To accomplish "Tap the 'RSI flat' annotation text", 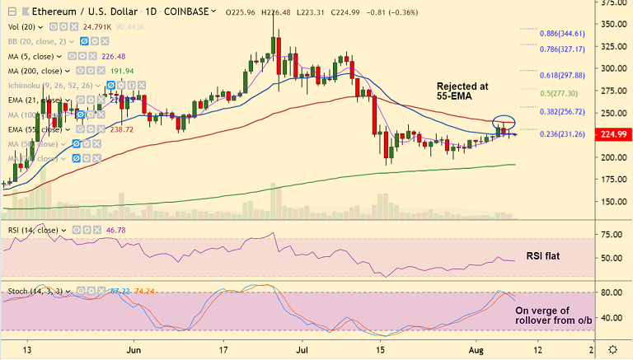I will pyautogui.click(x=542, y=257).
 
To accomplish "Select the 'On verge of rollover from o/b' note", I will pyautogui.click(x=554, y=317).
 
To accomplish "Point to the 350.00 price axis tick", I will pyautogui.click(x=612, y=24).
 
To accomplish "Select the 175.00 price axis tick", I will pyautogui.click(x=612, y=179).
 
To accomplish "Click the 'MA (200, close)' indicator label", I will pyautogui.click(x=34, y=71).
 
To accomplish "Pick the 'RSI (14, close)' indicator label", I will pyautogui.click(x=34, y=231).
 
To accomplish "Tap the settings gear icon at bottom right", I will pyautogui.click(x=613, y=349).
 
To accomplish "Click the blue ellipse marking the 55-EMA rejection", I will pyautogui.click(x=504, y=124).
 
